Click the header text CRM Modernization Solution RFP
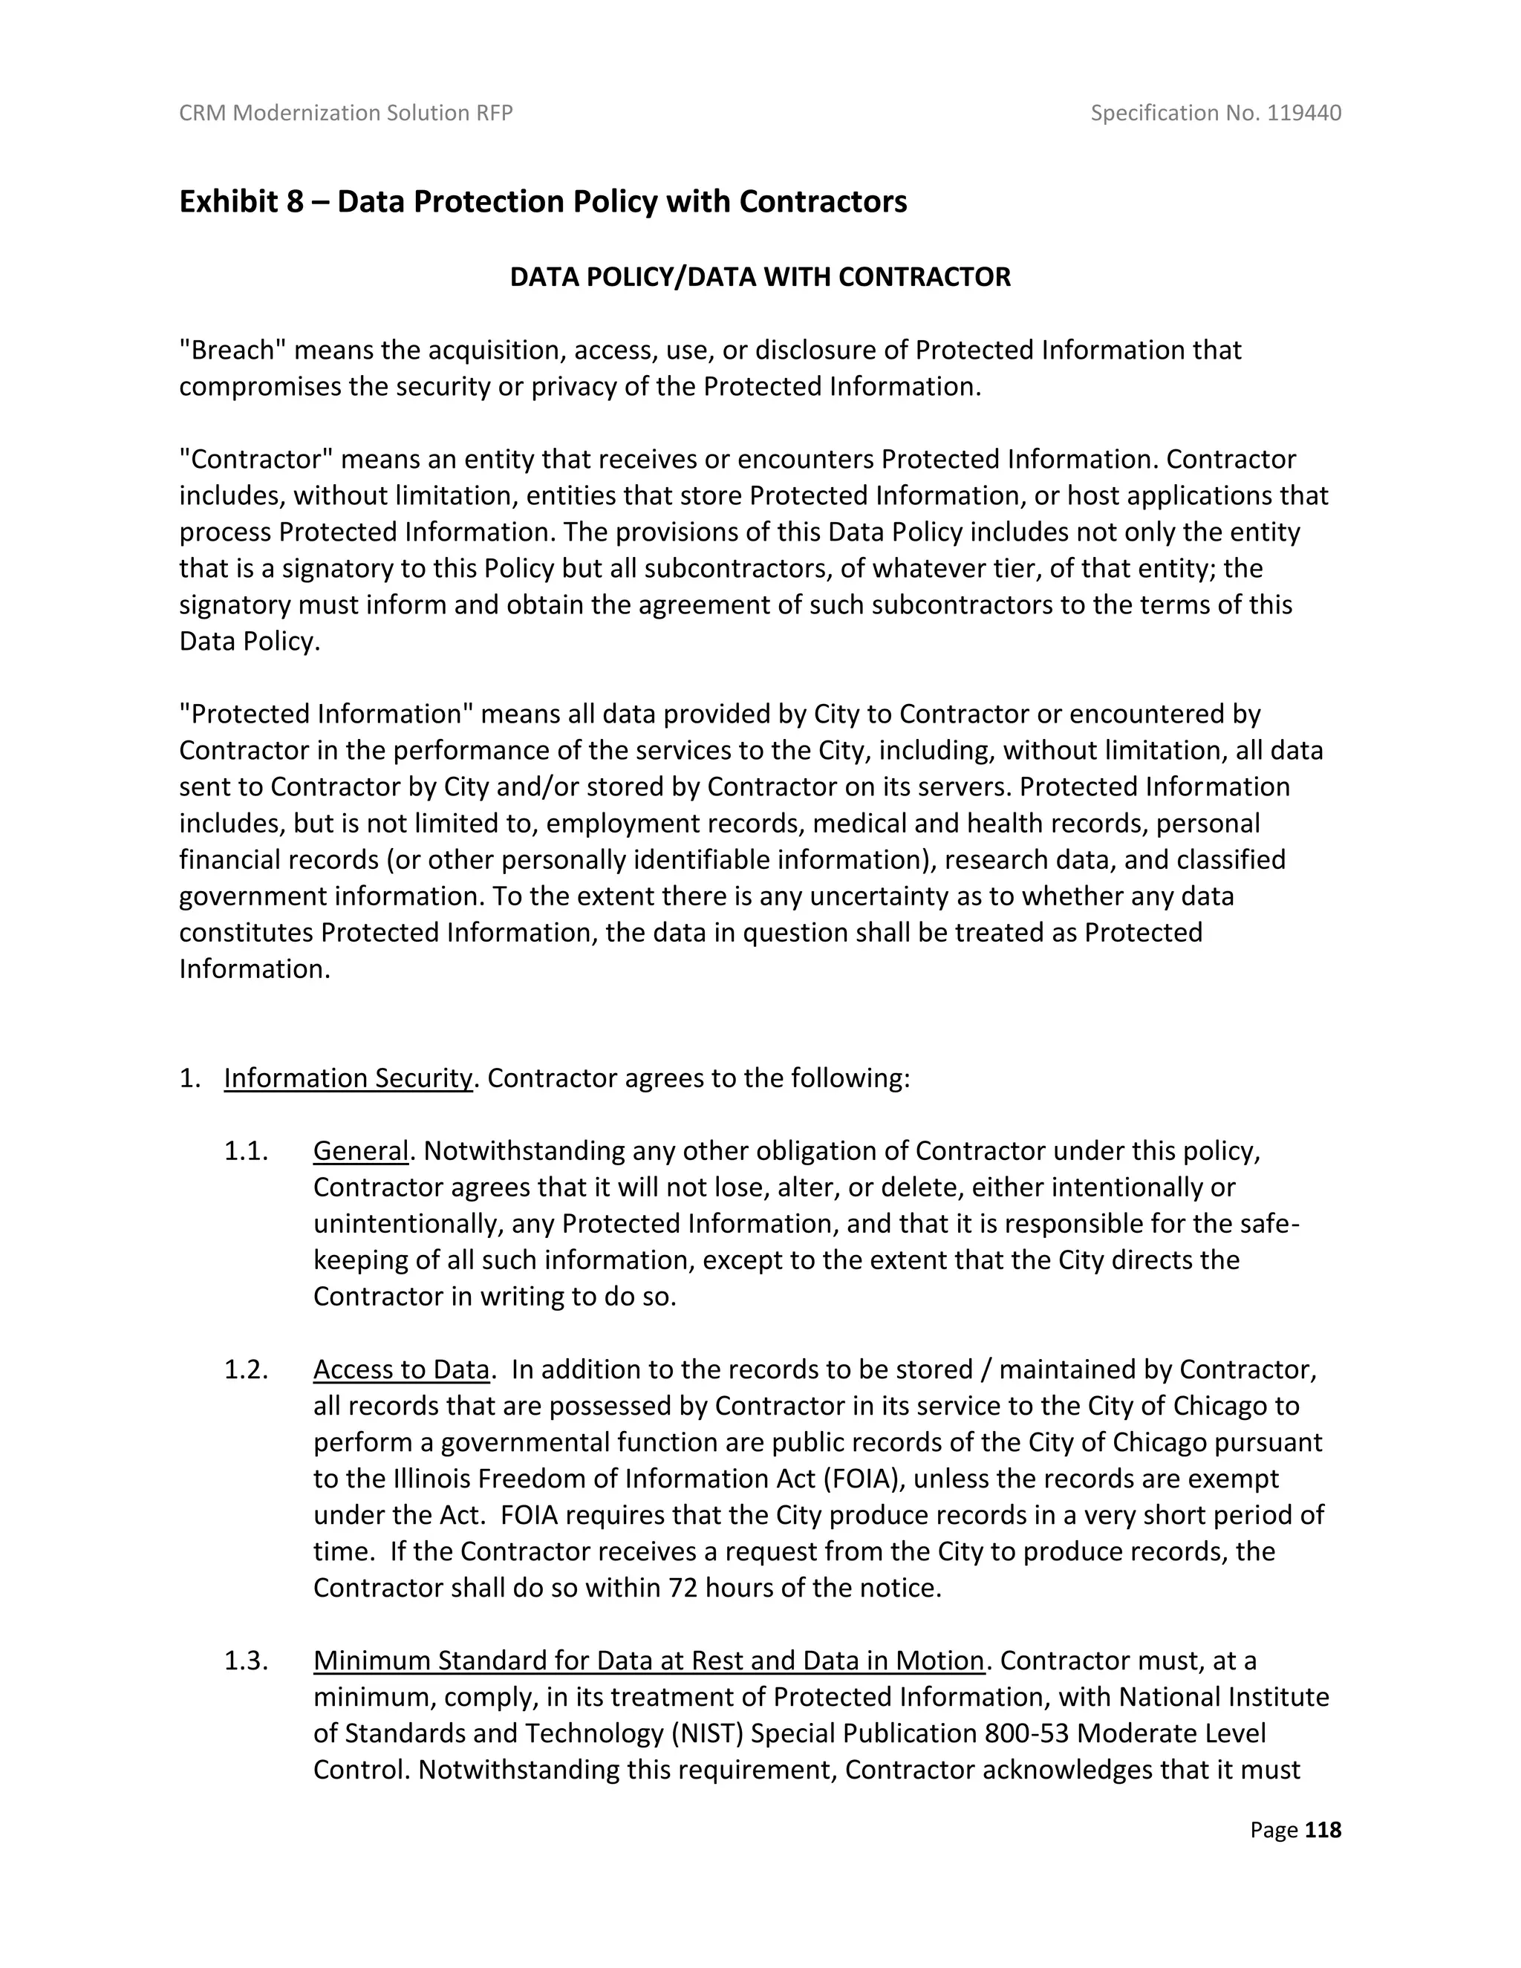click(346, 113)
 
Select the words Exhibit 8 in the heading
click(241, 201)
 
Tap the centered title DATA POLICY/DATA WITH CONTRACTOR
click(760, 277)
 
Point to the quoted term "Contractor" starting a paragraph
click(256, 459)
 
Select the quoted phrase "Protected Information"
click(325, 714)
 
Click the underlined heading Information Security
click(348, 1078)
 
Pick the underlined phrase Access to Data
click(401, 1369)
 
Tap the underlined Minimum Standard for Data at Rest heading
click(648, 1660)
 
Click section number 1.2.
click(246, 1369)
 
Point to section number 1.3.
click(246, 1660)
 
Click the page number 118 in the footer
click(1323, 1829)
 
